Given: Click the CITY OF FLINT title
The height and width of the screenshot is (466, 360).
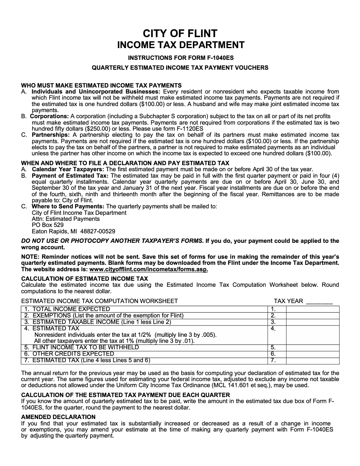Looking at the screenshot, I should [x=180, y=33].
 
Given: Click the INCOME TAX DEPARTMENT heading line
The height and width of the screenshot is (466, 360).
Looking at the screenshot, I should [x=180, y=45].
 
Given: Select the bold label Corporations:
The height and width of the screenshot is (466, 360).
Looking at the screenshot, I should [x=50, y=116].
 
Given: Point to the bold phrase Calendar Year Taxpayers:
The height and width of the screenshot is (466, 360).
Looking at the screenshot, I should [x=68, y=169].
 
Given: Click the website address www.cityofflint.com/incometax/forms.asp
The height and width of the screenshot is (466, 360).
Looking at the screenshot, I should [x=149, y=269].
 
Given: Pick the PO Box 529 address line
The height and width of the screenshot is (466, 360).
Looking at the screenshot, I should [x=48, y=225].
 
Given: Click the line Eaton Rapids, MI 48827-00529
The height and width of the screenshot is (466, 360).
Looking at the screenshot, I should [x=74, y=231].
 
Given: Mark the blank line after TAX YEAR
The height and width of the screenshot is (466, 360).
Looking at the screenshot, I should [x=319, y=302].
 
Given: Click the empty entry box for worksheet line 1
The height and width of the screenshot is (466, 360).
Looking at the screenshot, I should [x=312, y=309].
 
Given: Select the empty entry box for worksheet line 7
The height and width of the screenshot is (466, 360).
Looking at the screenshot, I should [x=312, y=361].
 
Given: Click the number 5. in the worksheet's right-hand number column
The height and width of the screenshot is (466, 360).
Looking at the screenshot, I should [x=273, y=347].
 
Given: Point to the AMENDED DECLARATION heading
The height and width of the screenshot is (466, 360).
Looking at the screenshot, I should [x=58, y=417].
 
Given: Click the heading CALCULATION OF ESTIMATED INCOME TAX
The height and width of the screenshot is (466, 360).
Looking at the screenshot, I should [x=85, y=278].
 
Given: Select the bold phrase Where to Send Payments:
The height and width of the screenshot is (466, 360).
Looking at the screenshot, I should [x=68, y=206].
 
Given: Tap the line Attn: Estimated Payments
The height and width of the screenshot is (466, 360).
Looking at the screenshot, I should [x=66, y=219].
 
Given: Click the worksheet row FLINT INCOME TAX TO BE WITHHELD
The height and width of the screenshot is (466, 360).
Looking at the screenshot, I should [x=86, y=347].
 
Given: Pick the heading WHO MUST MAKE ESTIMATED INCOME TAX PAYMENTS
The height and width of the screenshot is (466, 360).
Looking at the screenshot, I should [x=101, y=86].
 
